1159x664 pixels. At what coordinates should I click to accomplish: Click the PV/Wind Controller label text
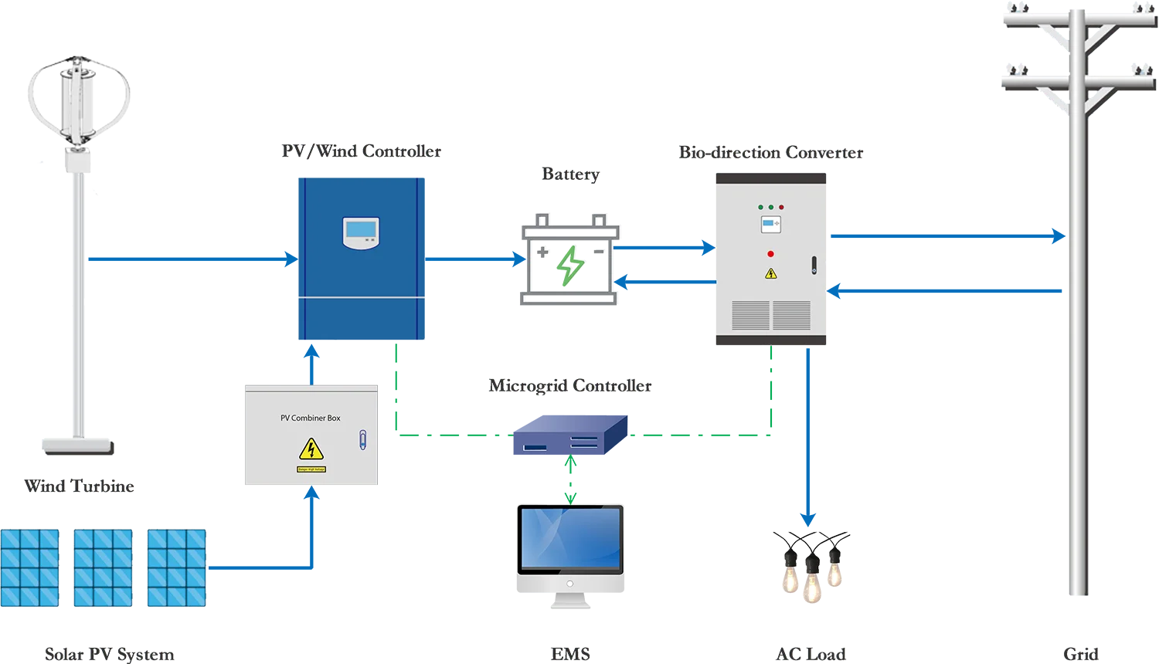[361, 152]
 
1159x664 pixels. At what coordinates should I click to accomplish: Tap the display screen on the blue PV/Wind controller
[362, 229]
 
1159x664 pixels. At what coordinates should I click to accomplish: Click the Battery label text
[569, 175]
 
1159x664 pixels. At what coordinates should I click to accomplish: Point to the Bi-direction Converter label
[770, 153]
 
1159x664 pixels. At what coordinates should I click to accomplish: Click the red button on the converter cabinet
[770, 254]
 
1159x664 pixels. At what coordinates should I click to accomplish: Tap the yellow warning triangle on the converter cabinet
[770, 273]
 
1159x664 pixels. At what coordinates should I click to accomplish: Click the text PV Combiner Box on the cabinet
[310, 418]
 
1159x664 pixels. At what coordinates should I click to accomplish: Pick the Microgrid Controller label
[571, 386]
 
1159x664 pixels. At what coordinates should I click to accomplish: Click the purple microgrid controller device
[569, 437]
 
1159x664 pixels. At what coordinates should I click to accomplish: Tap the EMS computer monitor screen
[569, 539]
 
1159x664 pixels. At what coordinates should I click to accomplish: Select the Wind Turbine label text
[80, 486]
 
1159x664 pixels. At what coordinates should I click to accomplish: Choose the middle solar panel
[101, 567]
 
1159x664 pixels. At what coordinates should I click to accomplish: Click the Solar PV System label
[108, 654]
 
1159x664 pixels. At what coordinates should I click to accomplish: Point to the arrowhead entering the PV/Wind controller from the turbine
[288, 259]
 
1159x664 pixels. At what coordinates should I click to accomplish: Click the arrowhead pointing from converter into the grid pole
[1058, 235]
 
